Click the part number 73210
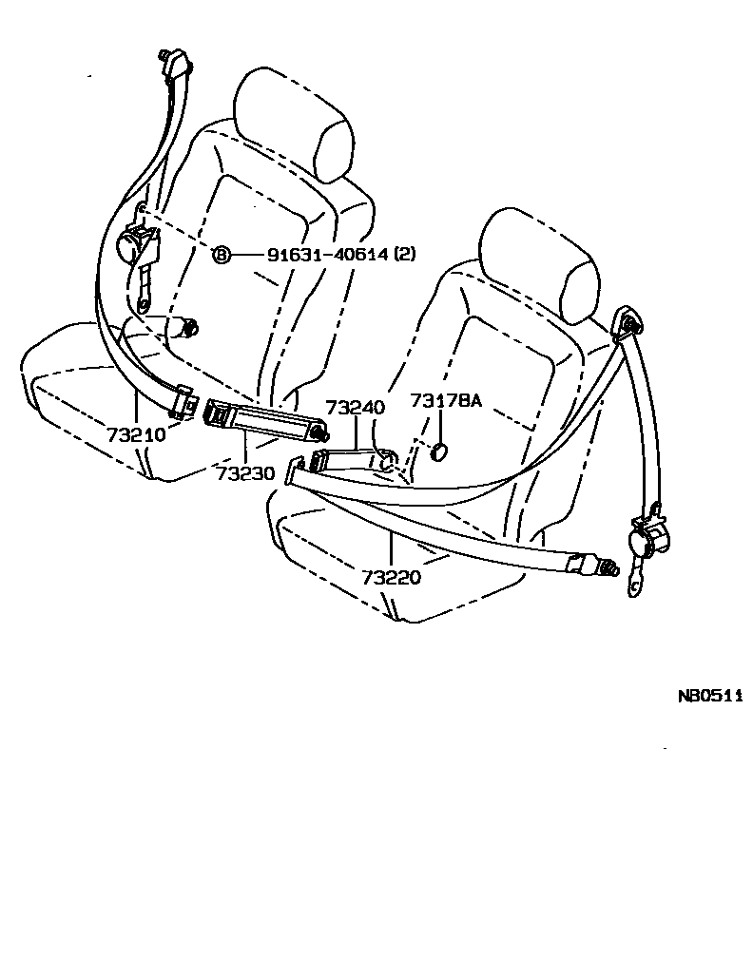pos(136,435)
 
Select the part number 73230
pos(244,472)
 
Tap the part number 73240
pos(355,407)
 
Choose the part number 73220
pos(391,576)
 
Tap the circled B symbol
pos(221,254)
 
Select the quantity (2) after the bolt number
pos(405,254)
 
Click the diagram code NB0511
pos(709,695)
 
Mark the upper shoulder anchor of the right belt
pos(628,324)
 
